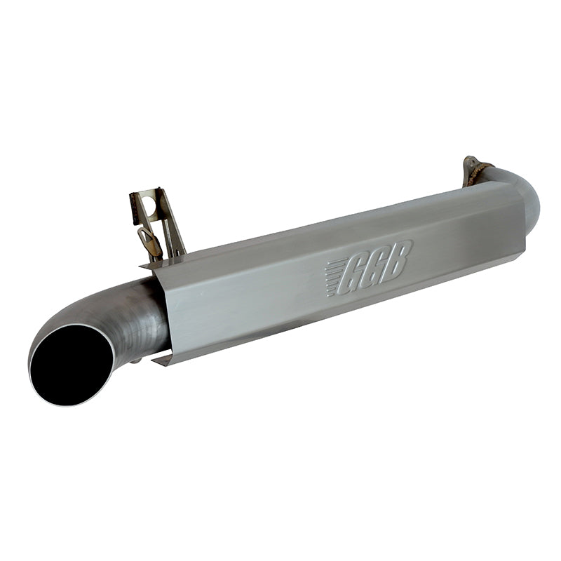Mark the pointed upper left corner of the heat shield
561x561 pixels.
(142, 266)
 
